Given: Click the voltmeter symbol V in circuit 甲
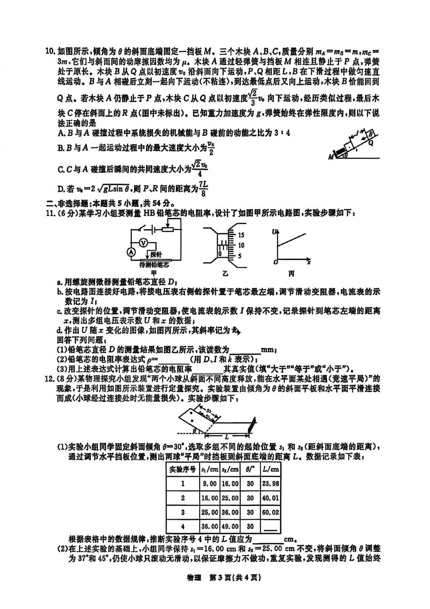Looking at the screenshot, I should coord(143,243).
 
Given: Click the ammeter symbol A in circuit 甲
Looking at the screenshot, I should coord(131,252).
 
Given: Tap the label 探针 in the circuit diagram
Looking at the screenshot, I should coord(156,254).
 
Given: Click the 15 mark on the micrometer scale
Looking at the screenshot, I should coord(241,235).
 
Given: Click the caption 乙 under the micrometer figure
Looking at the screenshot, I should coord(225,274).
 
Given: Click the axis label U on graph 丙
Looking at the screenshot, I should coord(274,232).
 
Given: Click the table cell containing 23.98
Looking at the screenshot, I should coord(270,484).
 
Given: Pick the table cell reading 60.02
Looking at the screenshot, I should coord(270,513).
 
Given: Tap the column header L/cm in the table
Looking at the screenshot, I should coord(270,469).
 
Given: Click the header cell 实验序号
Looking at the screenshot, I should coord(182,469).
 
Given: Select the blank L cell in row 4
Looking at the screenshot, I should coord(270,527).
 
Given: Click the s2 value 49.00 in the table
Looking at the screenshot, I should coord(230,527).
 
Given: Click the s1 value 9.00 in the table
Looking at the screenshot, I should coord(210,484).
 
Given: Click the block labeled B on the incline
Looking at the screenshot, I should coord(370,134).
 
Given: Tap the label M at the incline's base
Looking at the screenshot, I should coord(331,157).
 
